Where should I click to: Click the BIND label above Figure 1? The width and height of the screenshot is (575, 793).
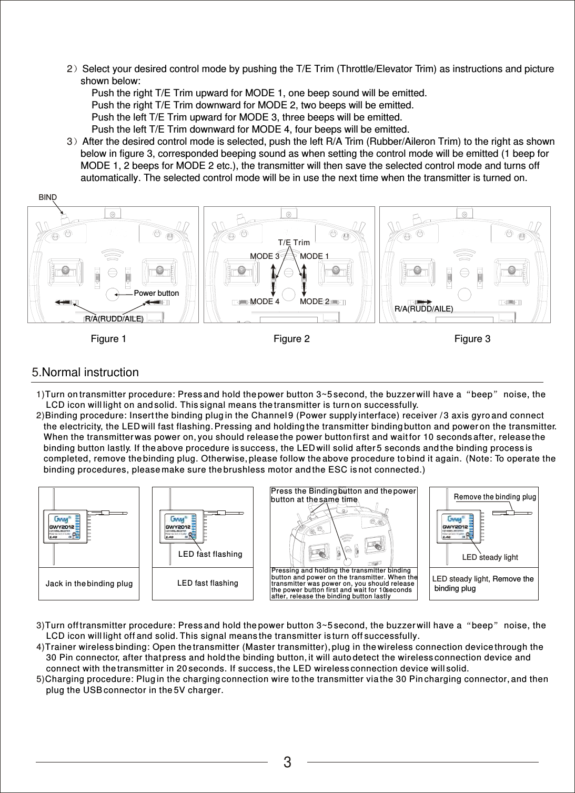[48, 197]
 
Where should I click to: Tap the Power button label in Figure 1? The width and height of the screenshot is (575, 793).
[156, 293]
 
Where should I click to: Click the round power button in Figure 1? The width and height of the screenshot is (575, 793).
[113, 295]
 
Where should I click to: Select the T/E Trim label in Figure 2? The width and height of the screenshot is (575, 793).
[294, 243]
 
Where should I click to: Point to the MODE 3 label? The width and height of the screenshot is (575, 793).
[265, 256]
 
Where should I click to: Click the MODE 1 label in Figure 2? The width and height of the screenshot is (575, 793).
[315, 256]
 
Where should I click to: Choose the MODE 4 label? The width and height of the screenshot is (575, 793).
[265, 302]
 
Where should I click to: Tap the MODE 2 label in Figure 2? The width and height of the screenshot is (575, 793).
[315, 302]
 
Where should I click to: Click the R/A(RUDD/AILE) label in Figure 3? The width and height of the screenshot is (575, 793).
[423, 309]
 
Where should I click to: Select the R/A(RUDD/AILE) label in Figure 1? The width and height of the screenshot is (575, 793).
[114, 319]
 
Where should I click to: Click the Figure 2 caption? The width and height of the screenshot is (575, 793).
[291, 339]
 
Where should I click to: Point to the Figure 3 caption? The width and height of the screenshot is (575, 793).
[472, 339]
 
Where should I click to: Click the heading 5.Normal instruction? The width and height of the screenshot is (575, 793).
[85, 373]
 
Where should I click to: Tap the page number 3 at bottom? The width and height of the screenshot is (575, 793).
[287, 762]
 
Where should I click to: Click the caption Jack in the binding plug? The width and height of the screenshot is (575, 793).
[89, 584]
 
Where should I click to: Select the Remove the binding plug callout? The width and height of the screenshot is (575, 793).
[495, 497]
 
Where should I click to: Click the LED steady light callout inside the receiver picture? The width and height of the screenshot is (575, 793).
[490, 557]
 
